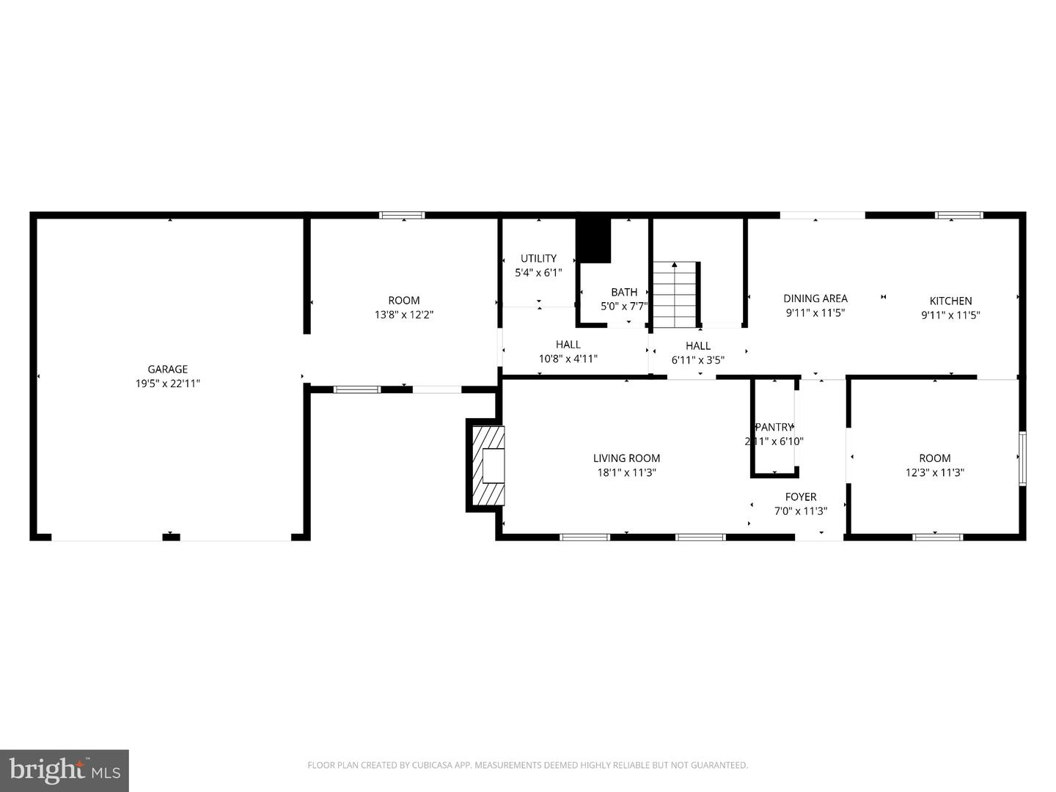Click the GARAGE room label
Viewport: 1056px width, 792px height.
pyautogui.click(x=167, y=370)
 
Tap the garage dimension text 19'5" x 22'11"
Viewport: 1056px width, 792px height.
pyautogui.click(x=167, y=384)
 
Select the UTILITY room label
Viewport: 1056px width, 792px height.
pyautogui.click(x=538, y=258)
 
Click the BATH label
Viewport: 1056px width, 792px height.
pyautogui.click(x=624, y=292)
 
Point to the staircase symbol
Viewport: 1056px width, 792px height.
pyautogui.click(x=674, y=295)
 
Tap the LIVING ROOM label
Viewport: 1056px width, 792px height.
pyautogui.click(x=626, y=458)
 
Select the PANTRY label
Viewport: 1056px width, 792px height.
pyautogui.click(x=774, y=427)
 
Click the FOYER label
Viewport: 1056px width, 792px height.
pyautogui.click(x=801, y=496)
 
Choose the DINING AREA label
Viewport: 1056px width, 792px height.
pyautogui.click(x=815, y=298)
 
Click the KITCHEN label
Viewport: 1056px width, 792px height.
pyautogui.click(x=950, y=301)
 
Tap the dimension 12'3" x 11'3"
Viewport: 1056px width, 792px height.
pyautogui.click(x=934, y=473)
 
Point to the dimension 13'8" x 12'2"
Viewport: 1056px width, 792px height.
pyautogui.click(x=403, y=315)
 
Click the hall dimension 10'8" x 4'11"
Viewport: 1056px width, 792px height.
pyautogui.click(x=568, y=359)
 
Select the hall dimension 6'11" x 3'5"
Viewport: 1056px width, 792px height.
pyautogui.click(x=697, y=360)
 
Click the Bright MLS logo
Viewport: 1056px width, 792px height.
pyautogui.click(x=64, y=770)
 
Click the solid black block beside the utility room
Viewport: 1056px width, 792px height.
pyautogui.click(x=593, y=240)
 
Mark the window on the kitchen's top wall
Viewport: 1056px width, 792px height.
pyautogui.click(x=958, y=216)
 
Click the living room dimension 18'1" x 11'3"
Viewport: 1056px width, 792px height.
pyautogui.click(x=626, y=473)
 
